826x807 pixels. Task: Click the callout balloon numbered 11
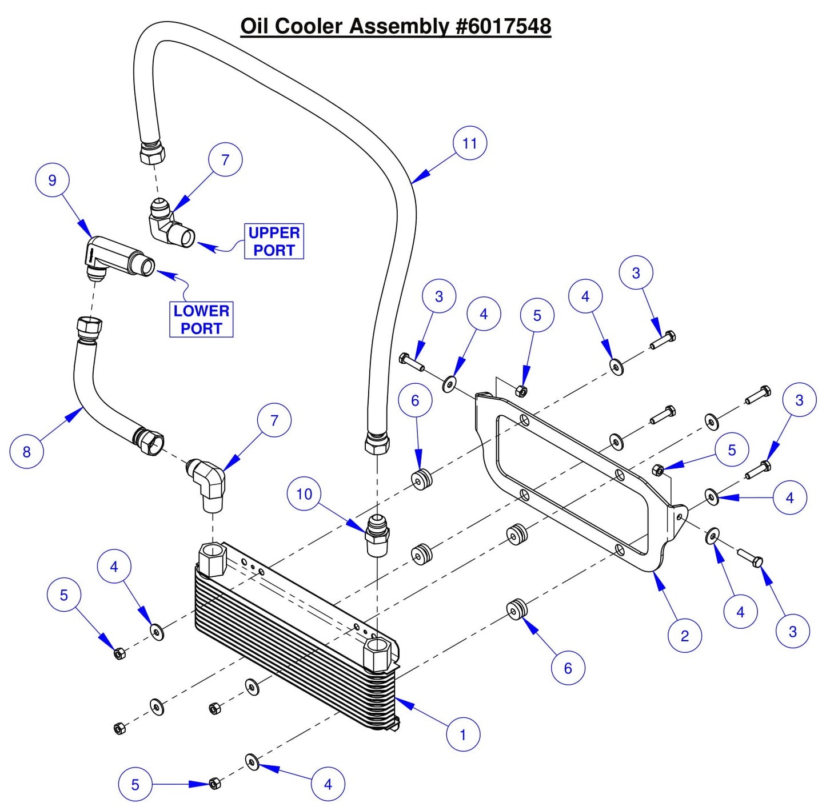click(x=469, y=143)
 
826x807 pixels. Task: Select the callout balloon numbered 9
click(x=52, y=180)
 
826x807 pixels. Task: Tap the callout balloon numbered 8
click(x=26, y=451)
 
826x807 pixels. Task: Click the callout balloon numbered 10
click(x=304, y=493)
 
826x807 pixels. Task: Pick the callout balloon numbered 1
click(x=462, y=734)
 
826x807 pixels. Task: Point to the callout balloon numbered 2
click(x=685, y=635)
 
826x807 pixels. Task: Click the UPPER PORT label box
click(x=274, y=242)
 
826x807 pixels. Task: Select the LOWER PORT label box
click(x=201, y=320)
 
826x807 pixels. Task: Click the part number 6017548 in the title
click(x=504, y=26)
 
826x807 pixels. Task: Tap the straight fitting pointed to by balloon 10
click(x=377, y=535)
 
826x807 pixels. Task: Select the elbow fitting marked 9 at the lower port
click(x=117, y=258)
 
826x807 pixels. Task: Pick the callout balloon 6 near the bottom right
click(x=568, y=668)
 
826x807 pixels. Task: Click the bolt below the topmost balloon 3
click(x=663, y=340)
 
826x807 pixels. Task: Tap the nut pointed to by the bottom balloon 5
click(x=214, y=783)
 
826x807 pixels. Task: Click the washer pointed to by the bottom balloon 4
click(x=252, y=762)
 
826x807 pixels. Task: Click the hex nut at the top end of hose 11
click(x=152, y=152)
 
